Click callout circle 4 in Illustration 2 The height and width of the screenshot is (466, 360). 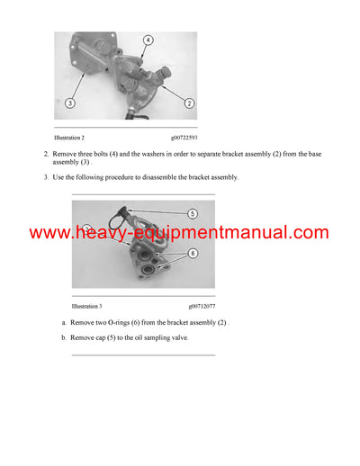(x=147, y=40)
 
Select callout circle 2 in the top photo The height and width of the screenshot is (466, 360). (x=189, y=104)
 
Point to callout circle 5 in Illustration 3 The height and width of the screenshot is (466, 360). (x=192, y=214)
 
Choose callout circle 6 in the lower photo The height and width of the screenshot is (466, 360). (x=192, y=255)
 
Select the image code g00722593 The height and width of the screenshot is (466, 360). (x=180, y=138)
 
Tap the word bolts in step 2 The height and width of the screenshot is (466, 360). (x=107, y=155)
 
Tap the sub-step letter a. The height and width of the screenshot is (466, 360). (x=64, y=321)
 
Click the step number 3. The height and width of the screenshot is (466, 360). (x=46, y=177)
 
